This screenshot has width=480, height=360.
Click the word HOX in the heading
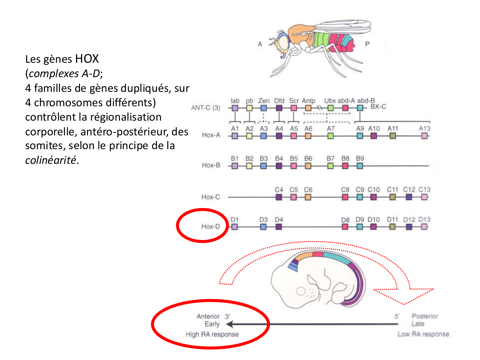point(87,59)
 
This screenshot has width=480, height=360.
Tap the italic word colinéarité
point(51,160)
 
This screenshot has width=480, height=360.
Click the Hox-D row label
point(211,227)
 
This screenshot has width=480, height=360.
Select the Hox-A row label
point(211,135)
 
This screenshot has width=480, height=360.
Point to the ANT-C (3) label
point(205,108)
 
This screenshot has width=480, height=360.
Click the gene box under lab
point(235,108)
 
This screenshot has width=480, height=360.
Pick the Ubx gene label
point(330,101)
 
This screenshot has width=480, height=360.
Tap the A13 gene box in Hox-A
point(424,136)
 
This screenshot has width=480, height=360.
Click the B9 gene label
point(360,158)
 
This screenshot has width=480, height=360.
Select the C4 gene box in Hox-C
point(279,197)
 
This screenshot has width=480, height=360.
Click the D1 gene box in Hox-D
point(235,227)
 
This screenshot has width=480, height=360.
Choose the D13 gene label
point(424,220)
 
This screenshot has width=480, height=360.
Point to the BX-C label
point(378,107)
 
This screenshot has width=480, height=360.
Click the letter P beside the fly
point(367,44)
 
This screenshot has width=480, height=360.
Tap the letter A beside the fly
point(260,44)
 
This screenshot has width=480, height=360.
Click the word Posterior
point(425,316)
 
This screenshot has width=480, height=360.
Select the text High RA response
point(212,334)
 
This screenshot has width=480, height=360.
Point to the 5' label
point(397,316)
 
